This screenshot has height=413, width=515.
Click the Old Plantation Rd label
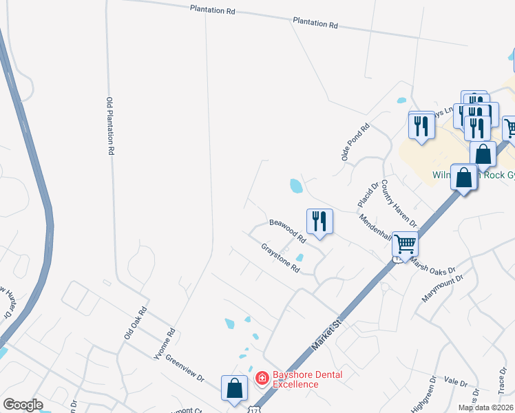[109, 127]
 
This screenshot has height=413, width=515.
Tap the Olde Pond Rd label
[356, 142]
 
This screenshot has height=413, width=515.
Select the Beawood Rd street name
[287, 231]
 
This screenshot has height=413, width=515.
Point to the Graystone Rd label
[280, 258]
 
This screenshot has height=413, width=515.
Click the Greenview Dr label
[185, 370]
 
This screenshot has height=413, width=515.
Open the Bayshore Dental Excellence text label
[307, 379]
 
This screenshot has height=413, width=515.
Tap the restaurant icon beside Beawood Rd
[319, 221]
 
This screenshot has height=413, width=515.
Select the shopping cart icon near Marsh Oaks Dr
[405, 243]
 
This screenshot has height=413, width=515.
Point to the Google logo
[23, 405]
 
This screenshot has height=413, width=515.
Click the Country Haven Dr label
[399, 204]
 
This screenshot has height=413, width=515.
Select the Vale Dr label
[456, 381]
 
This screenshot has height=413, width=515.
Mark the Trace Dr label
[501, 377]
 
